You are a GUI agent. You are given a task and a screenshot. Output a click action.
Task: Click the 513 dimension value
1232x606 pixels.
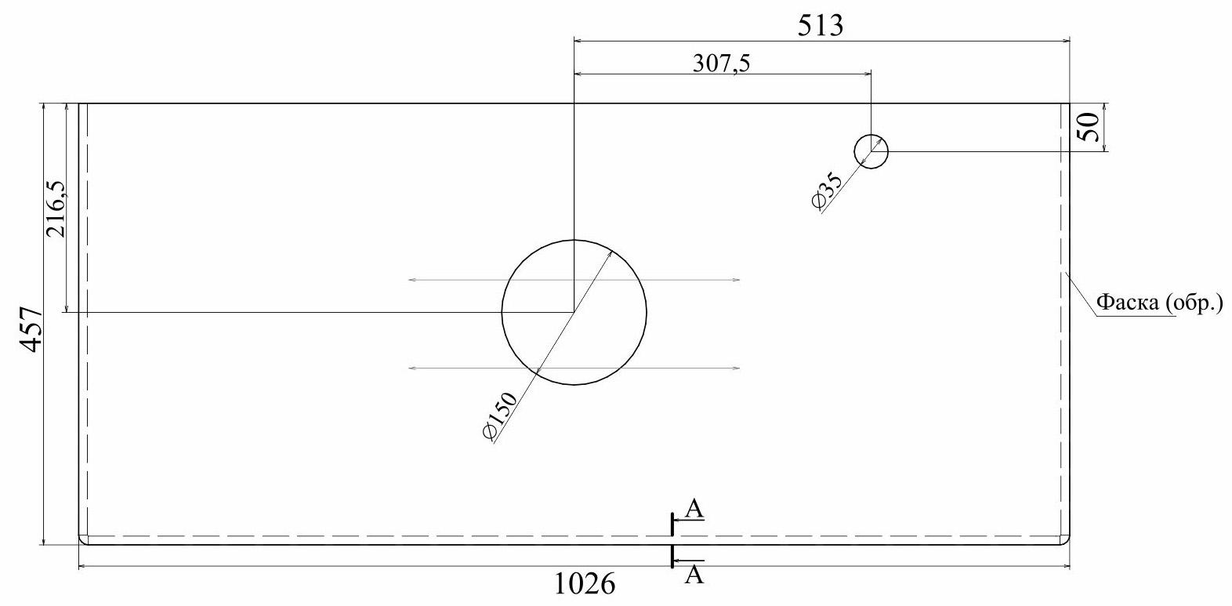click(820, 25)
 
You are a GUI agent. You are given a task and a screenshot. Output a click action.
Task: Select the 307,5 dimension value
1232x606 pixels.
click(721, 64)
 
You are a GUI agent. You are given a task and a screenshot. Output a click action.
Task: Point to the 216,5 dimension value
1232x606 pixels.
click(56, 209)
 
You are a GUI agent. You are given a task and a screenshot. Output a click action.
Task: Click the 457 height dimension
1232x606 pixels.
click(32, 330)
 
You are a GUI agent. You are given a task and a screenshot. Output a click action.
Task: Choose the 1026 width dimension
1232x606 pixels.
click(584, 583)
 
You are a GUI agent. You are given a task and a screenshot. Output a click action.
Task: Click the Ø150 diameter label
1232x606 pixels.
click(499, 415)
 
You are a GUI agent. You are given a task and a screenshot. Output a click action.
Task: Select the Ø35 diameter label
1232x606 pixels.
click(827, 191)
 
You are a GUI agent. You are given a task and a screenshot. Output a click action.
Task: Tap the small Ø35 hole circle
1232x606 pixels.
click(871, 134)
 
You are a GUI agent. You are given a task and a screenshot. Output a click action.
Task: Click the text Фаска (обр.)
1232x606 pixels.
click(1159, 302)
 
